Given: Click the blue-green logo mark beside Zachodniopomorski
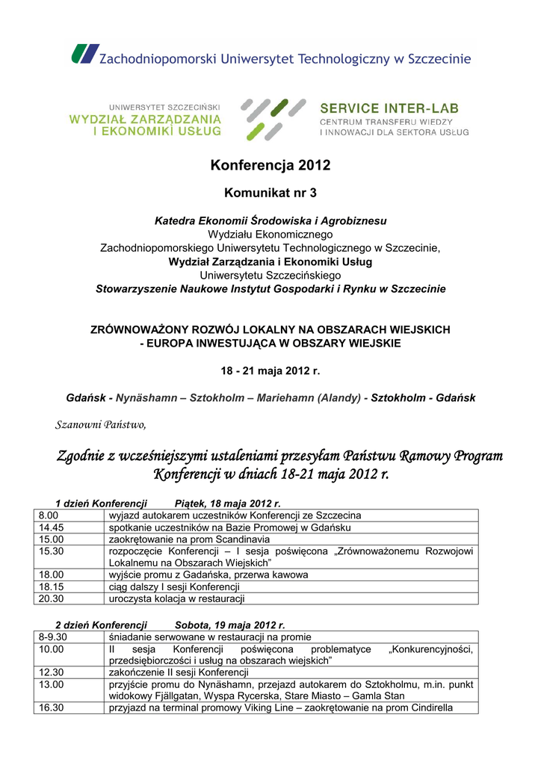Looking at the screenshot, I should coord(84,55).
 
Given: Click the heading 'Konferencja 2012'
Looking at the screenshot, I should coord(270,166).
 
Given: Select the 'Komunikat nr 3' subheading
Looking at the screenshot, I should coord(270,193).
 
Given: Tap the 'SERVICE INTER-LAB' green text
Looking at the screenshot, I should coord(389,108).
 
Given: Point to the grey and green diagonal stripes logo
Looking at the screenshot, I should coord(272,119).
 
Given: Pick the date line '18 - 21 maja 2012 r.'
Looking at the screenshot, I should coord(270,371).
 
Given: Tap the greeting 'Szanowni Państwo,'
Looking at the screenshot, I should coord(102,425).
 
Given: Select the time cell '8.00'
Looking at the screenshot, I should coord(48,515).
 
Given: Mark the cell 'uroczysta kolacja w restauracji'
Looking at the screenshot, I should coord(176,598).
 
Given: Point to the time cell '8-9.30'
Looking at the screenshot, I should coord(53,637).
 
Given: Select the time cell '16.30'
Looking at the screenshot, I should coord(51,708).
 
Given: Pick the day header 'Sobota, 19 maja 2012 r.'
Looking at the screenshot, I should coord(230,625).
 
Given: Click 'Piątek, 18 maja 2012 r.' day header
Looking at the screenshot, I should coord(227,504).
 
